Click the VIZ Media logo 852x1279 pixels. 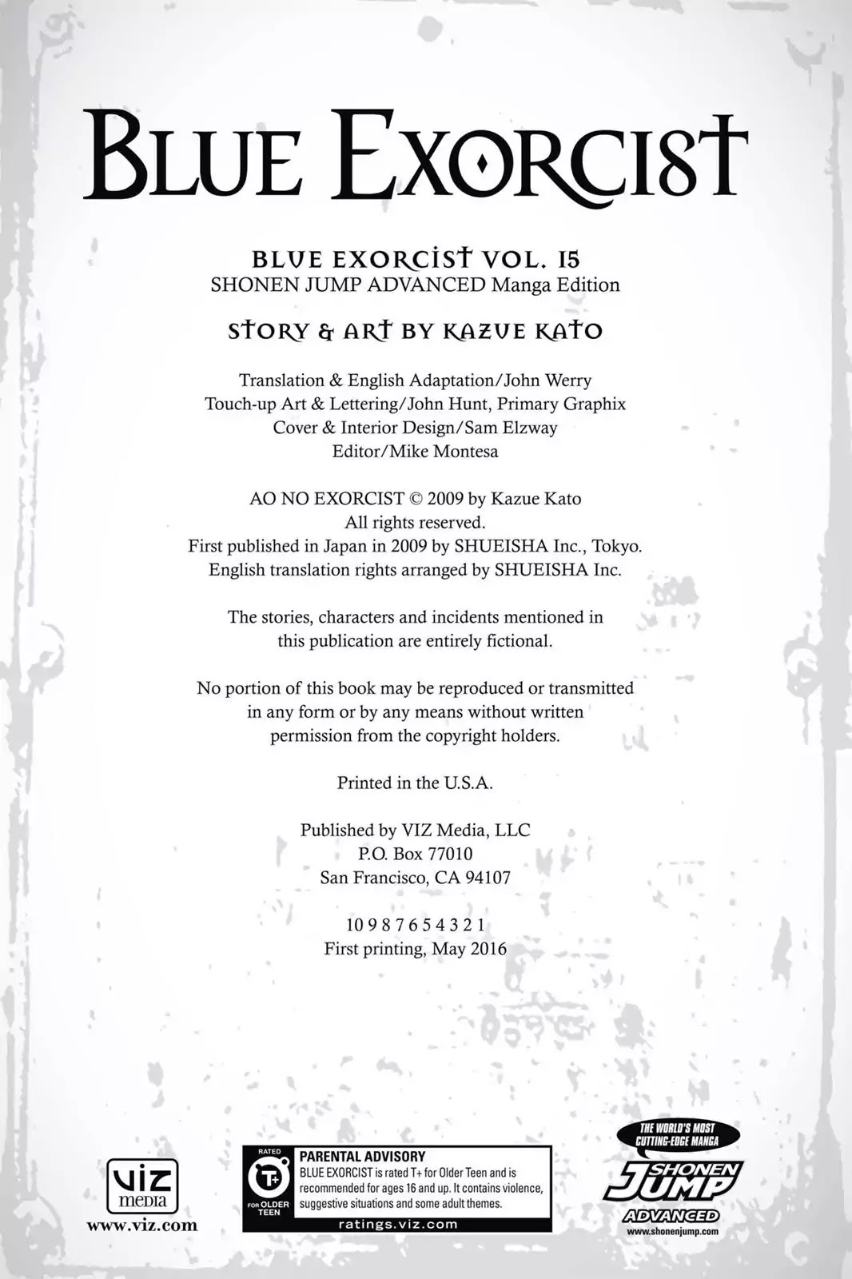point(142,1186)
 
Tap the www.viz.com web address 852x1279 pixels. point(141,1225)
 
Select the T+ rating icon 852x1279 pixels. point(269,1179)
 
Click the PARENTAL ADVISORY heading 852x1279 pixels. point(362,1157)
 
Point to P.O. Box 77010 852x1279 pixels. point(415,854)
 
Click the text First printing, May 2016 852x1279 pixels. point(415,949)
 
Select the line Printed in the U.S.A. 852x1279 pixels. point(415,783)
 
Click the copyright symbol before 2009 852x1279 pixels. point(415,499)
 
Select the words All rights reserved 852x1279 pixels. point(415,523)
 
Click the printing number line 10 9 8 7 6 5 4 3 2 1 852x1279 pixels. point(415,925)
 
